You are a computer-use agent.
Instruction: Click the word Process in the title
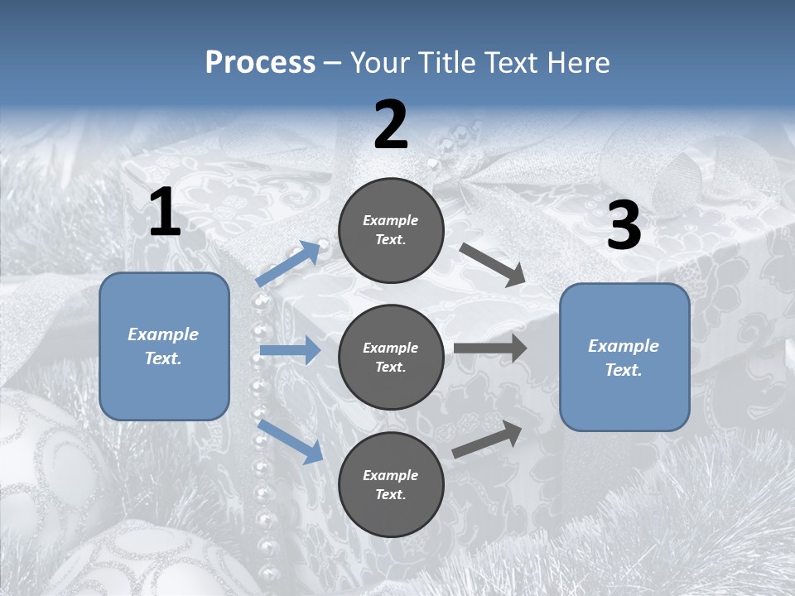[x=260, y=63]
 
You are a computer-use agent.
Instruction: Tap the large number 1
[x=165, y=213]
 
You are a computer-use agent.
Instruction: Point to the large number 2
[x=391, y=125]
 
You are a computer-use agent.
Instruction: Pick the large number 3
[x=624, y=226]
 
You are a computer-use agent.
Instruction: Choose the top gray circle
[x=391, y=229]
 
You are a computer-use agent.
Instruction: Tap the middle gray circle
[x=391, y=357]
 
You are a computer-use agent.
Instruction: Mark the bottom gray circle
[x=391, y=484]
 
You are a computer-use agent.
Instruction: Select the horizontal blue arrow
[x=290, y=351]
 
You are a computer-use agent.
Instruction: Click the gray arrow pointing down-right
[x=493, y=265]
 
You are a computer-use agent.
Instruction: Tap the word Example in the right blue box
[x=624, y=346]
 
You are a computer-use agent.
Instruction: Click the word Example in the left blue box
[x=163, y=334]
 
